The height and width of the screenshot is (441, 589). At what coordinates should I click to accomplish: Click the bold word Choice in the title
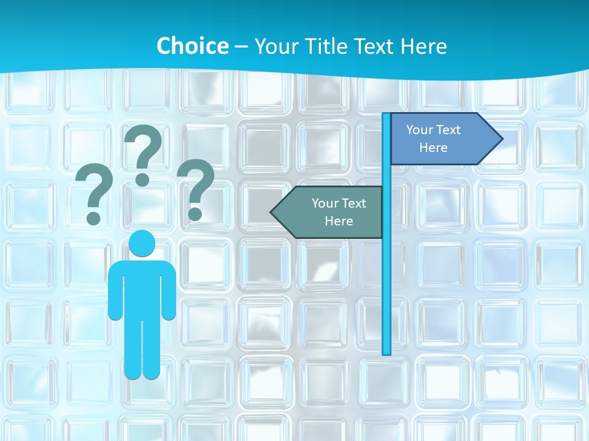pyautogui.click(x=192, y=47)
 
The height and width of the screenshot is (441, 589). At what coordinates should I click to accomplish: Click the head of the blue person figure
pyautogui.click(x=142, y=244)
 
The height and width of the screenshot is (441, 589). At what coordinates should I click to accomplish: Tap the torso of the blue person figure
pyautogui.click(x=142, y=288)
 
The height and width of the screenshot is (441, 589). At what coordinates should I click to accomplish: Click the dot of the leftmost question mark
pyautogui.click(x=93, y=217)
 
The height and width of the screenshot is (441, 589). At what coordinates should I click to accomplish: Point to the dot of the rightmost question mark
pyautogui.click(x=195, y=214)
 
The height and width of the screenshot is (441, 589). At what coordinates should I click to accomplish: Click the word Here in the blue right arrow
pyautogui.click(x=433, y=148)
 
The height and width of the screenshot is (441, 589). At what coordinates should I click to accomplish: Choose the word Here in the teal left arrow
pyautogui.click(x=339, y=221)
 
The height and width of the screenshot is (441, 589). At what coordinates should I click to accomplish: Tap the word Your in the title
pyautogui.click(x=275, y=47)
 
